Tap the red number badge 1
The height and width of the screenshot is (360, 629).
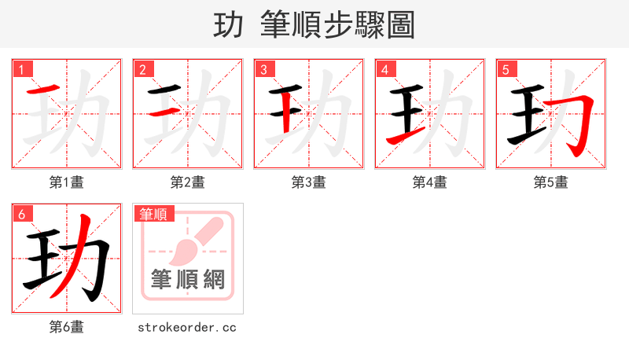coord(22,69)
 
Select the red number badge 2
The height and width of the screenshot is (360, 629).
coord(143,69)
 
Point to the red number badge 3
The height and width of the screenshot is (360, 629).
coord(264,69)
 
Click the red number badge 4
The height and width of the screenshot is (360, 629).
coord(385,69)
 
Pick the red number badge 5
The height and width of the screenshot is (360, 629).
coord(506,69)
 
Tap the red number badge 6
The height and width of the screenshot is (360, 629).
coord(22,214)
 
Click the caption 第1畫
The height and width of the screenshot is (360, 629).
coord(67,182)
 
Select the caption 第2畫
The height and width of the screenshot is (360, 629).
coord(188,182)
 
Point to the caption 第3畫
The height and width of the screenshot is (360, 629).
coord(309,182)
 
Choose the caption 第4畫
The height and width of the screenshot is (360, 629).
coord(430,182)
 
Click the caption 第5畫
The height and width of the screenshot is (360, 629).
coord(551,182)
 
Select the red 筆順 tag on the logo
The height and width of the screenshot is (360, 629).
coord(153,214)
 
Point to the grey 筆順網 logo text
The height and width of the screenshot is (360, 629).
coord(188,279)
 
